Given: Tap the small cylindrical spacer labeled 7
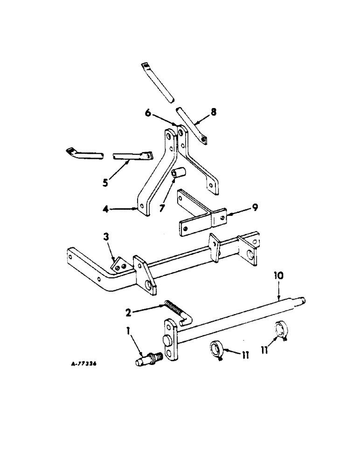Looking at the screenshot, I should pos(177,174).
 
